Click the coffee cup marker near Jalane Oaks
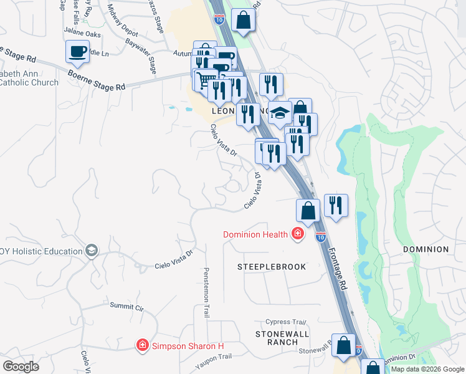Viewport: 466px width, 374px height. click(77, 52)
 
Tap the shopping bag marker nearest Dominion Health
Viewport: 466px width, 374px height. click(308, 211)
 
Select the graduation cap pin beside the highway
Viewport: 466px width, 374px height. click(280, 113)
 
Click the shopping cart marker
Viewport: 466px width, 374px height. click(205, 80)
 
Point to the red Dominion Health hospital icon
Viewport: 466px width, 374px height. click(298, 234)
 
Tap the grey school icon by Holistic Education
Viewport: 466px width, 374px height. click(92, 251)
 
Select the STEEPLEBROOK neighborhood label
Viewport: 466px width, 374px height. click(272, 267)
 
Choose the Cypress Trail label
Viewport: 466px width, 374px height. click(286, 322)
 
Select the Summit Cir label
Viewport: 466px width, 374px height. click(126, 307)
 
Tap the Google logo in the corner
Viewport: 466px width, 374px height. click(21, 367)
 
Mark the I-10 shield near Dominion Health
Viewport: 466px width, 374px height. click(320, 237)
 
